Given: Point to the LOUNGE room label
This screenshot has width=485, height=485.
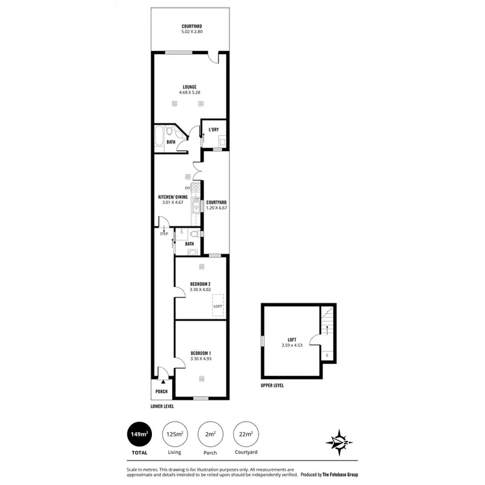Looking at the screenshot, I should [189, 87].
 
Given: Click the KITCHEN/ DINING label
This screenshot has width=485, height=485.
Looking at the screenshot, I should [173, 197].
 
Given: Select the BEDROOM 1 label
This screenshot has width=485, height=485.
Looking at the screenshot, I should [200, 352].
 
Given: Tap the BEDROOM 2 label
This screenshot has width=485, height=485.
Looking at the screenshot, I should [200, 284].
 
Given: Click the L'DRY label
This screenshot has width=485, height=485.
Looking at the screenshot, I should [213, 129].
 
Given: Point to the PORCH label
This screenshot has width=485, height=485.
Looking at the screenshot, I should [161, 391].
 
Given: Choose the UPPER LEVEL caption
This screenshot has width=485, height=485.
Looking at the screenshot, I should [272, 385].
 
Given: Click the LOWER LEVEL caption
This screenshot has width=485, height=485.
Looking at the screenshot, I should [162, 406].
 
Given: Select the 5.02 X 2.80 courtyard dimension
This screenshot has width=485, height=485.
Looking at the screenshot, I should [191, 32].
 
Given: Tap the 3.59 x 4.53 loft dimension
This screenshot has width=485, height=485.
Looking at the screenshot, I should [292, 345].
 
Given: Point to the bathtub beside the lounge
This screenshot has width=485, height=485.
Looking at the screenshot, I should [160, 138].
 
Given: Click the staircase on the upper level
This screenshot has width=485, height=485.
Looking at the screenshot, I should [329, 321].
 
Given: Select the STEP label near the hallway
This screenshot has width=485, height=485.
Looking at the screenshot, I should [164, 233].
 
